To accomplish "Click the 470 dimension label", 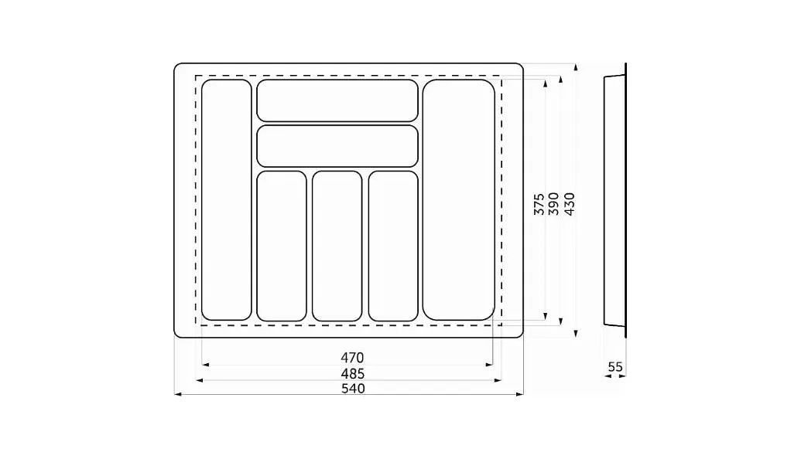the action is click(352, 358).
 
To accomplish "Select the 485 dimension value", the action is click(352, 374).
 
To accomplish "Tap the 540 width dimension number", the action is click(352, 389).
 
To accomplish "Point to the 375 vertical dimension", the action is click(539, 204).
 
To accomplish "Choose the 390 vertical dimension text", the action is click(554, 204).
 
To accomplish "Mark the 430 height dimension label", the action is click(569, 204).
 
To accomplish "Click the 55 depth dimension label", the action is click(615, 367).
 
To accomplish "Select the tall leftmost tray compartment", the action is click(227, 200).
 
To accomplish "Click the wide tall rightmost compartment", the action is click(459, 200).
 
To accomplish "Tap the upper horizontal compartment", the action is click(337, 100).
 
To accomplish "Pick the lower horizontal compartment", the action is click(337, 146).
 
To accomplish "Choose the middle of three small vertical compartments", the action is click(337, 246).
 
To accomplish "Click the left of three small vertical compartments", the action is click(282, 246).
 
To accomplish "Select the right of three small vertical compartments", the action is click(393, 246).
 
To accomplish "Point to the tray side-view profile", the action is click(615, 200).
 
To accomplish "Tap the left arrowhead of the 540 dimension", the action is click(178, 394).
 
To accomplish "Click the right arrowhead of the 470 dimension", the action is click(489, 365).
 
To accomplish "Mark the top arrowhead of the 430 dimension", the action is click(576, 67).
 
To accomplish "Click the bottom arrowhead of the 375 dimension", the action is click(546, 316).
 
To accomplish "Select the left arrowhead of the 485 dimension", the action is click(200, 380).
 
